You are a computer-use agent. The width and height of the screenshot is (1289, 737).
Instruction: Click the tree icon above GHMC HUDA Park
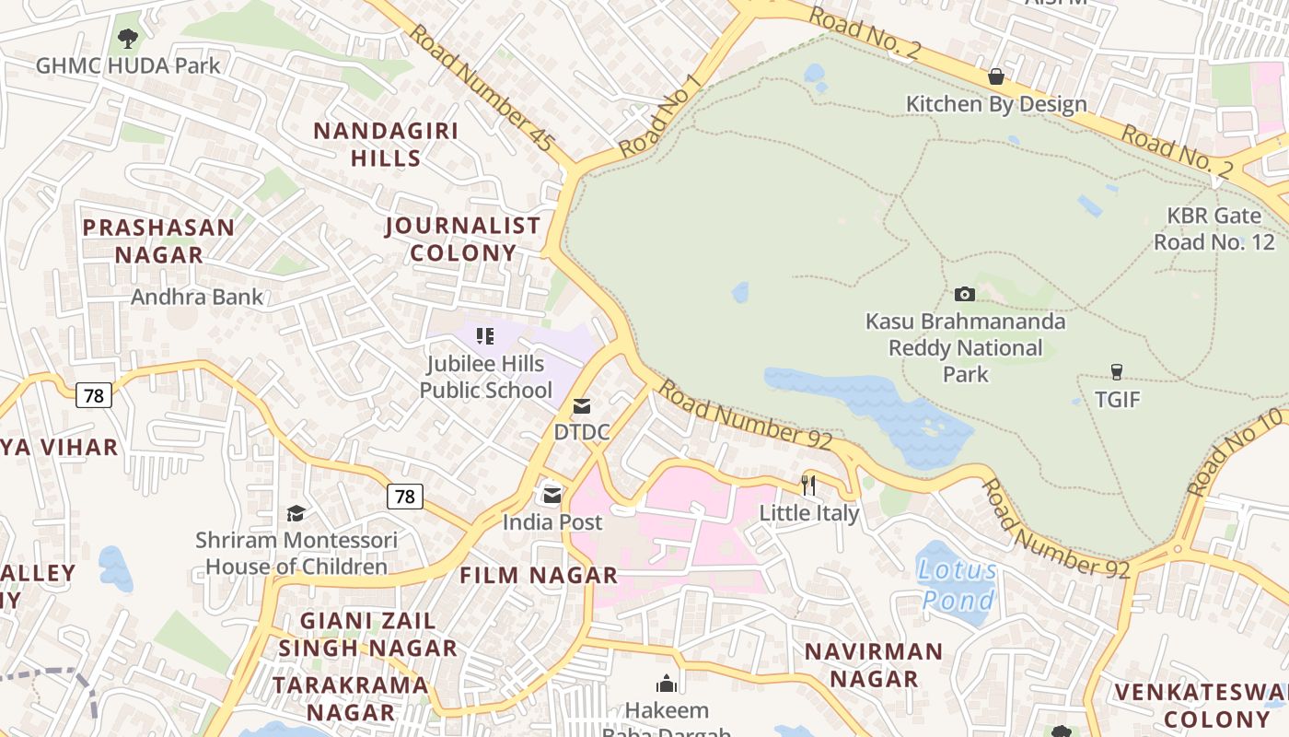128,39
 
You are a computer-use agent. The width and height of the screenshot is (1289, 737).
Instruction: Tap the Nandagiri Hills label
386,145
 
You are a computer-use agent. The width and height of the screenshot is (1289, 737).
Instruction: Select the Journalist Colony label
463,239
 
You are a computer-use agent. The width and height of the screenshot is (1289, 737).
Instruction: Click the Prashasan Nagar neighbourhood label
158,240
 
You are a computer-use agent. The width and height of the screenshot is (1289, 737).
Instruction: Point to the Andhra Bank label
197,297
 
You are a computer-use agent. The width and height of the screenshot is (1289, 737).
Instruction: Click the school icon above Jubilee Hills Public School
485,337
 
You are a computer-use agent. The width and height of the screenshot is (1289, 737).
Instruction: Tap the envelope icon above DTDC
582,406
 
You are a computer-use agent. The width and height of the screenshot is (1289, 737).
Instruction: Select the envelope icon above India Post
552,496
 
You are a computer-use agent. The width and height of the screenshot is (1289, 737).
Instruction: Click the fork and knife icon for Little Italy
808,485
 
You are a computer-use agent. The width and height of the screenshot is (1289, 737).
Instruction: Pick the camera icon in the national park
964,295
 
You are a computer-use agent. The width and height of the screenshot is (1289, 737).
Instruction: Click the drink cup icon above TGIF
1117,372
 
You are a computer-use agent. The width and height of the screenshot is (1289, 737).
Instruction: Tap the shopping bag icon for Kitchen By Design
995,76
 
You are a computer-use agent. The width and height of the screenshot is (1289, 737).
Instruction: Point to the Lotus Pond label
958,586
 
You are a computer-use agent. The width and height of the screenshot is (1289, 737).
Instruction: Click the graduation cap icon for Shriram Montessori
296,513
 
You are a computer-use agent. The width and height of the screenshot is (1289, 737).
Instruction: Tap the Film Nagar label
539,576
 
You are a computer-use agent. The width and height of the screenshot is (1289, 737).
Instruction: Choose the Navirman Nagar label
874,665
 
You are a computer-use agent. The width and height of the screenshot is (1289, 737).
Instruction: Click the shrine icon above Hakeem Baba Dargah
667,684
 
